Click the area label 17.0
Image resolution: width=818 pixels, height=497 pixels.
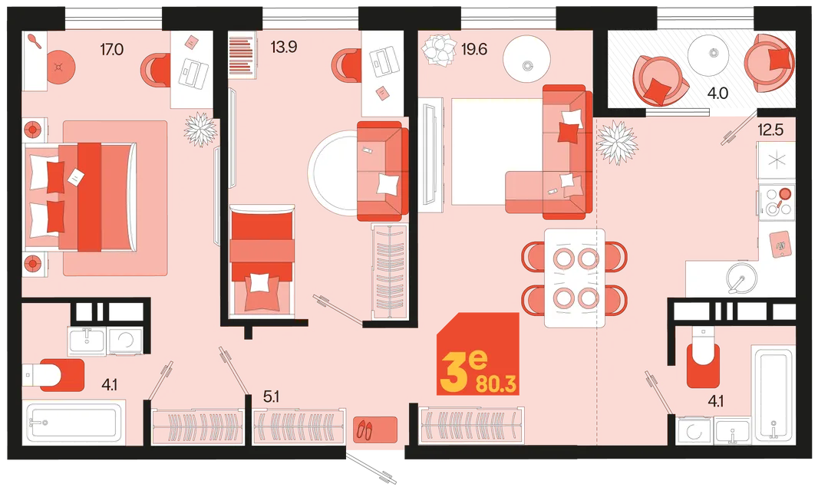(111, 50)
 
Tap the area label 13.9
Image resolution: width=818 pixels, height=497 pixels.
(284, 47)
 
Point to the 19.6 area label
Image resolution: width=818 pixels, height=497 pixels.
(474, 49)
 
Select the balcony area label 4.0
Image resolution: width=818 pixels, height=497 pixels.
(717, 94)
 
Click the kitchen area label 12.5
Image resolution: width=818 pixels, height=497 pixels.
(770, 130)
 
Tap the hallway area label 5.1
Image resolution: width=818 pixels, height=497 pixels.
(272, 397)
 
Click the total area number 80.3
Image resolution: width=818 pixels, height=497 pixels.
(496, 384)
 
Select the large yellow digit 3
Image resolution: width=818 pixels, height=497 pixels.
(454, 372)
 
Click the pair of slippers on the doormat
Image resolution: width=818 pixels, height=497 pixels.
(364, 430)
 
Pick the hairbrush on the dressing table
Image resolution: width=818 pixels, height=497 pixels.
(34, 41)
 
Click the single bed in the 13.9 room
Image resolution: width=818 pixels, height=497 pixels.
(262, 261)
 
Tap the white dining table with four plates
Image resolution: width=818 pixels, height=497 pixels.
(575, 278)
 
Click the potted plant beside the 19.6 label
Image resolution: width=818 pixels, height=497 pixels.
(439, 49)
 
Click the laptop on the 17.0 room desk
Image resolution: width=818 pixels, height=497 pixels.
(193, 72)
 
